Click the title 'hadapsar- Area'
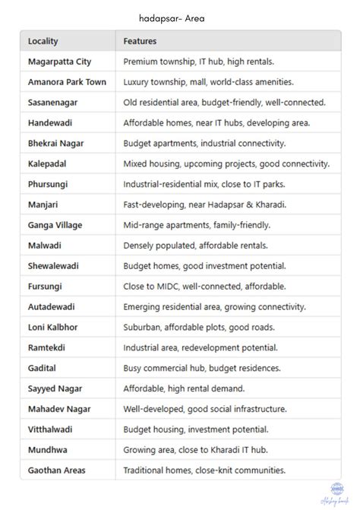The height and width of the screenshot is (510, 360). click(172, 16)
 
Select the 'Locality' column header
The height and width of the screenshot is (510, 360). click(43, 41)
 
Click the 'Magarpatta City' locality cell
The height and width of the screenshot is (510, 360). click(59, 61)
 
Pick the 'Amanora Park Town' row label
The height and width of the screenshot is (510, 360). click(67, 81)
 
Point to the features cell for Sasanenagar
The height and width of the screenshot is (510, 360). click(224, 102)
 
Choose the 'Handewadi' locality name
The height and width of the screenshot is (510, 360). click(52, 122)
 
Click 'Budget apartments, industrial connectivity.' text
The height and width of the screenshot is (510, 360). click(204, 143)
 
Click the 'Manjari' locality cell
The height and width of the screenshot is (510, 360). click(44, 204)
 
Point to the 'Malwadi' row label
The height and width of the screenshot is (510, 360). click(46, 245)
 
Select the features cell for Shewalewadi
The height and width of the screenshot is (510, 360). click(204, 266)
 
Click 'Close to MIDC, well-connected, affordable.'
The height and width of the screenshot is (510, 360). click(204, 287)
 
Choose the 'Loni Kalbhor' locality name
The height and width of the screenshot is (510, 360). click(52, 327)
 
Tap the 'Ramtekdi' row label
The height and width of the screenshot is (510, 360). click(48, 347)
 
